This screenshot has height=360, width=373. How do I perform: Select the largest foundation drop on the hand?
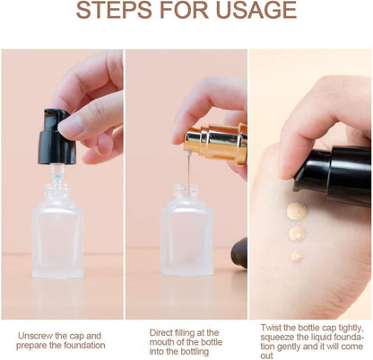(x=297, y=211)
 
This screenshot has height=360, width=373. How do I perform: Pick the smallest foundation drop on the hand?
(x=297, y=256)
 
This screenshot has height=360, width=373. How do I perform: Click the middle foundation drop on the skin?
(x=297, y=234)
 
